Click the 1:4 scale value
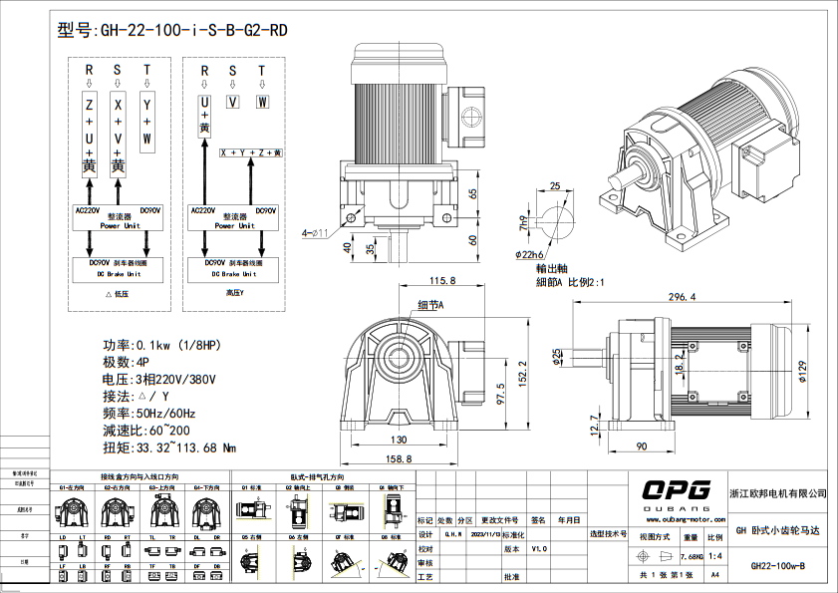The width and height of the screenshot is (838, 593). tap(714, 556)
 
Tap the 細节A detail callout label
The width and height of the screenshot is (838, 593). tap(429, 305)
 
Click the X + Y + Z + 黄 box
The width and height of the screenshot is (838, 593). tap(251, 153)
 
